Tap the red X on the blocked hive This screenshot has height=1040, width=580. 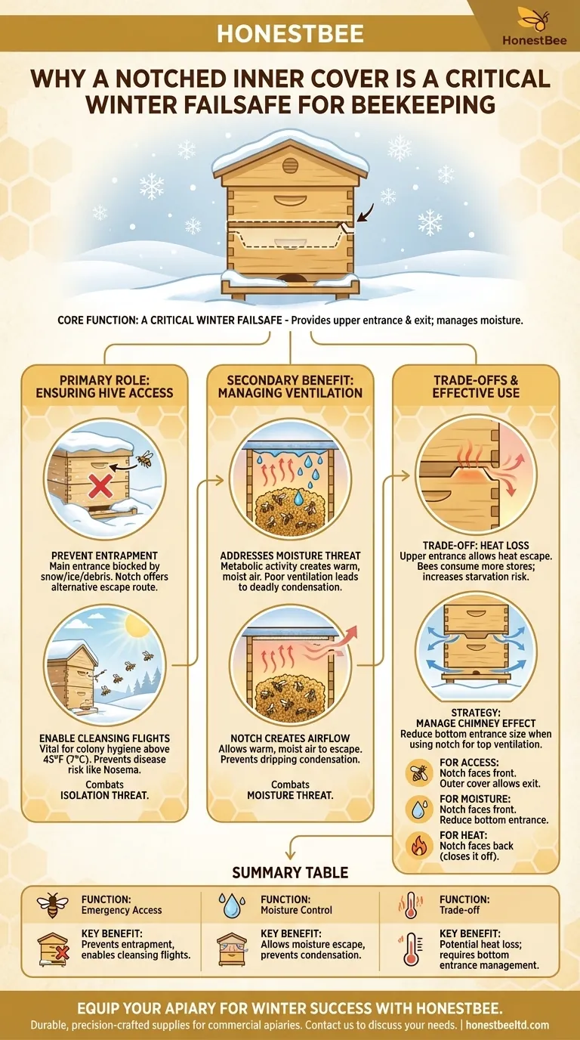click(99, 487)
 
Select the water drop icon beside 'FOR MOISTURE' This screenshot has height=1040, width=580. click(419, 806)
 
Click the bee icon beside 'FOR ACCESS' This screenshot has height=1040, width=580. click(419, 772)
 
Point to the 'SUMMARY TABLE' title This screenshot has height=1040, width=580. click(290, 872)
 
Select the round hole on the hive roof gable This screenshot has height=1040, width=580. click(290, 165)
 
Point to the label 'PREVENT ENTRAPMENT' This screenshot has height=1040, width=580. click(104, 556)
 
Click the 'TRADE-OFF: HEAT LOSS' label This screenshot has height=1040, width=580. click(476, 546)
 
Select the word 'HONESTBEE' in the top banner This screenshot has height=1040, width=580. click(290, 33)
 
